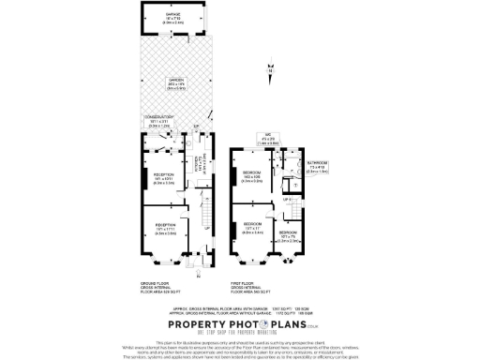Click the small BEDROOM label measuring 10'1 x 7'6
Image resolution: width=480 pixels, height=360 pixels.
(287, 235)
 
